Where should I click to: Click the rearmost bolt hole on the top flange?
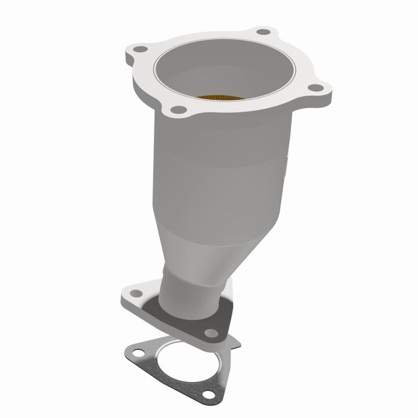coord(264,31)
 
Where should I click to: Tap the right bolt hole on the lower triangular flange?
coord(211,333)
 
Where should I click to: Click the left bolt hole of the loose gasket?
coord(138,351)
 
